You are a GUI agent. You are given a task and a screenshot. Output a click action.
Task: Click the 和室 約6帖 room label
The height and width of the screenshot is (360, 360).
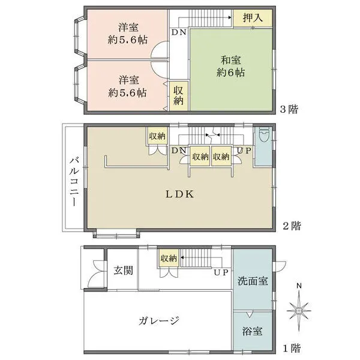(231, 65)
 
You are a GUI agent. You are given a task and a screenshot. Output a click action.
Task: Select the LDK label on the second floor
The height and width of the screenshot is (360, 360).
(179, 194)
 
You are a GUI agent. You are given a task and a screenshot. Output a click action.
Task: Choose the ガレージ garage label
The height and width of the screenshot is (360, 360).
(158, 320)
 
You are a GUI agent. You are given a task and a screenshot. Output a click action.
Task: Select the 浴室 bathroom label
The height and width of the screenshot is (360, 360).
(251, 331)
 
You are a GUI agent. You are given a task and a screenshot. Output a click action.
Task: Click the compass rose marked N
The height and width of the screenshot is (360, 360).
(299, 310)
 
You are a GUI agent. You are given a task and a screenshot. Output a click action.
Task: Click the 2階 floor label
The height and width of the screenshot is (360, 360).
(292, 226)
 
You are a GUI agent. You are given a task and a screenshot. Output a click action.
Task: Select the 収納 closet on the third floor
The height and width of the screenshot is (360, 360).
(179, 95)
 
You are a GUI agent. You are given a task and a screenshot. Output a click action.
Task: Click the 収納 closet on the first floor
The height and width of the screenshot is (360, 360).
(168, 259)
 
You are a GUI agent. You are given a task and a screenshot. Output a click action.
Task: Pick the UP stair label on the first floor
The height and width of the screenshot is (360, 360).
(221, 272)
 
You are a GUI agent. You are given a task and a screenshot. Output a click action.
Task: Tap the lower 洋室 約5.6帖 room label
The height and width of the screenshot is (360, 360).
(128, 86)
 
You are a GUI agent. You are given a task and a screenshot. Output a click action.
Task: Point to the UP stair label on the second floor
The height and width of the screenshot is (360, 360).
(243, 150)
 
